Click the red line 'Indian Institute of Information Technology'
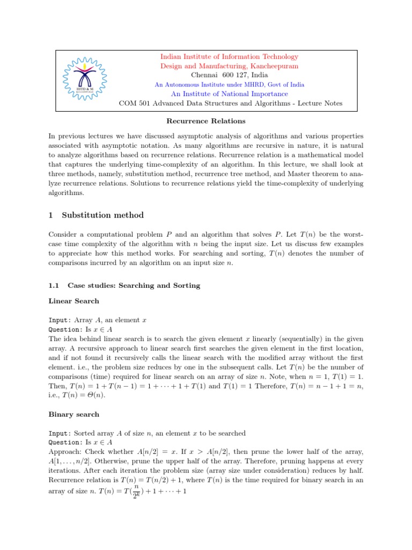tap(230, 56)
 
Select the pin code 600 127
tap(241, 75)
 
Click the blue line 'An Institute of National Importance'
tap(230, 93)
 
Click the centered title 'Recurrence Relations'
tap(206, 121)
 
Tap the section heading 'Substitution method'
tap(102, 215)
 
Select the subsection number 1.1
tap(54, 285)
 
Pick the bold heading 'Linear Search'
tap(73, 301)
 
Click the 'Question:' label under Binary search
tap(64, 442)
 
